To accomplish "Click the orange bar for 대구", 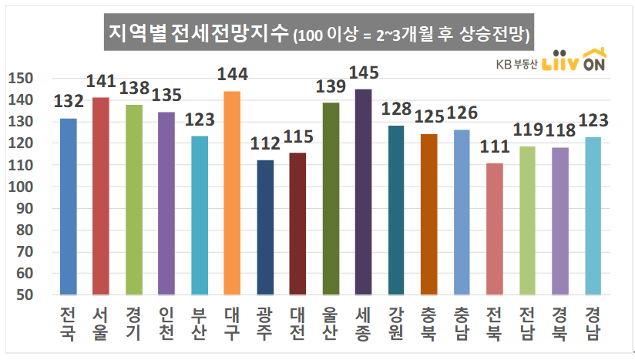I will (232, 193).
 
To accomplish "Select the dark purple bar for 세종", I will (363, 192).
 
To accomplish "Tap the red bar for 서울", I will (101, 196).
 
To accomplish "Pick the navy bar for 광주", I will (264, 227).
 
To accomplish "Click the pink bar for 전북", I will (494, 229).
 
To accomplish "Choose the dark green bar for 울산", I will (331, 198).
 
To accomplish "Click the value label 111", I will (494, 146).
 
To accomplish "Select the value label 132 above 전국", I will (69, 102).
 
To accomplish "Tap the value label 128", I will (396, 109).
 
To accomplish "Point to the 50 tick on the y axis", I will (24, 294).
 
